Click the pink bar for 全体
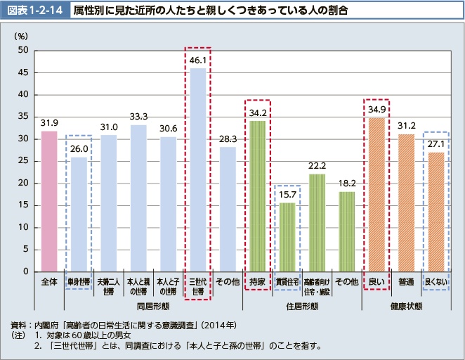(49, 201)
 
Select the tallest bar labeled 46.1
(198, 169)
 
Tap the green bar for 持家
(257, 196)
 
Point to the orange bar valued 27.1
(436, 212)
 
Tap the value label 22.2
(317, 166)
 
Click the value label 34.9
(376, 109)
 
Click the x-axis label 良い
(376, 282)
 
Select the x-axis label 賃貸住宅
(287, 282)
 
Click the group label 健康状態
(406, 307)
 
